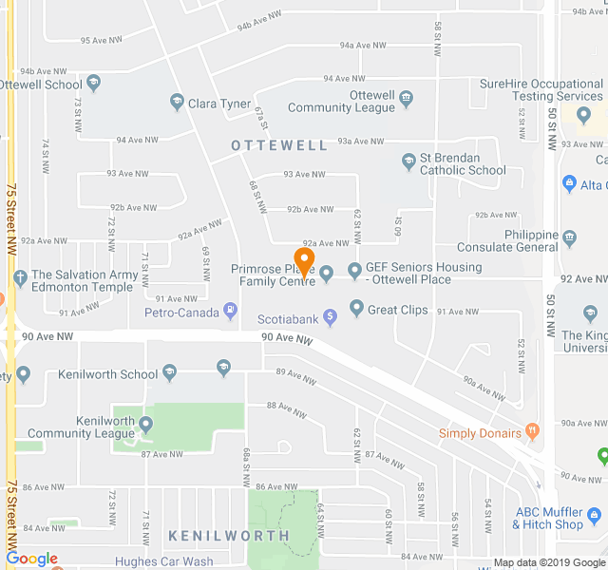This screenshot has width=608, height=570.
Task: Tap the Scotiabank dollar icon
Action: [330, 316]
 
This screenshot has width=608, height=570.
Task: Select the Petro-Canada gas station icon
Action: [229, 311]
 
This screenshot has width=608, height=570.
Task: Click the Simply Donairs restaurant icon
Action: [532, 432]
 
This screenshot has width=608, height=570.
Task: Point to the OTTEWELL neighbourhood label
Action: [279, 145]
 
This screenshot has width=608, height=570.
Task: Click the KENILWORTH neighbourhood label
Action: [229, 536]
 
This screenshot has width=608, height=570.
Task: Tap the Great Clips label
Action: [397, 309]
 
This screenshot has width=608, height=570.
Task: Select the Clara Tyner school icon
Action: [176, 102]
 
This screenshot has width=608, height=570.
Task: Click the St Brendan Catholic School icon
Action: [408, 161]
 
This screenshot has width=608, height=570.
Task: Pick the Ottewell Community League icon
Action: [406, 97]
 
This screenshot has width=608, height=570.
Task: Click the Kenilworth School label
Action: [107, 374]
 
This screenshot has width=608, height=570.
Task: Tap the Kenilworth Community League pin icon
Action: [145, 424]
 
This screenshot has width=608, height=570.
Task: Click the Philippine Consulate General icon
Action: [570, 237]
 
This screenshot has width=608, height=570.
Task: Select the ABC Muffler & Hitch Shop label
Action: [549, 518]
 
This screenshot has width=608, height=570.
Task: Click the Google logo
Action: [31, 559]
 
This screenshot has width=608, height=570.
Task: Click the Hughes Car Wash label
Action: [164, 561]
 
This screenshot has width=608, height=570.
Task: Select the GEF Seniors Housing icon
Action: [355, 271]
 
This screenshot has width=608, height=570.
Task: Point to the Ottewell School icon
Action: [93, 83]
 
